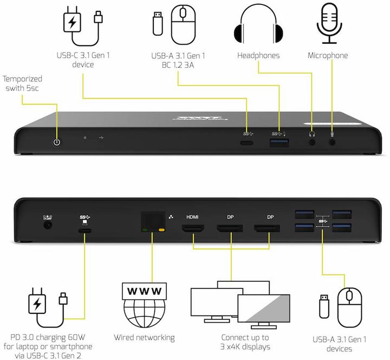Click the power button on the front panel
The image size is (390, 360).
click(56, 142)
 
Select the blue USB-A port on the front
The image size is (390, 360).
click(279, 143)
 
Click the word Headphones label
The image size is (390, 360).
click(258, 56)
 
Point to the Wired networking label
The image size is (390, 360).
click(144, 337)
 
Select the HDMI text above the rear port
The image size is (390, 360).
click(192, 216)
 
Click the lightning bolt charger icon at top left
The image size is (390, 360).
click(70, 23)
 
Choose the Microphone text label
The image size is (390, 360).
click(328, 56)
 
